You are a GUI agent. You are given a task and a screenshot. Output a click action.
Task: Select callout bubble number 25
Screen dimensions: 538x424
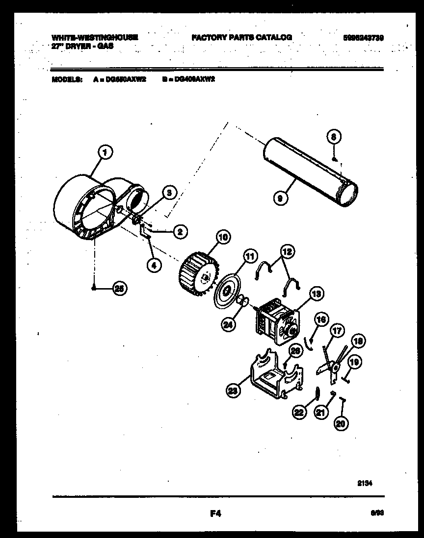click(x=118, y=289)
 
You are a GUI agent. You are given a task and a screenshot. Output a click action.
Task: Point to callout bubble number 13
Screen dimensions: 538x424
click(x=315, y=294)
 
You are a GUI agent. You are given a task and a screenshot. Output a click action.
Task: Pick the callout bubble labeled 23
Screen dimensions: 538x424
click(x=233, y=390)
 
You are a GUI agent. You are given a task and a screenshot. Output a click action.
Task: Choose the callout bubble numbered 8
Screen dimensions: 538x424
click(x=333, y=138)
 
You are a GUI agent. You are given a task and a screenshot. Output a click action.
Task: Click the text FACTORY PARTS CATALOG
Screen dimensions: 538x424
click(x=241, y=37)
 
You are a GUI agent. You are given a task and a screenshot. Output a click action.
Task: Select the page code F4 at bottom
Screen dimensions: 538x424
click(x=215, y=514)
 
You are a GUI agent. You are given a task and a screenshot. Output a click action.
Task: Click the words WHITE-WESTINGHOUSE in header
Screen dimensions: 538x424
click(x=95, y=37)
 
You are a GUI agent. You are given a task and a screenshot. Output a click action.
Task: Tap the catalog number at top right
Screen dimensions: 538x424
click(x=363, y=37)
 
